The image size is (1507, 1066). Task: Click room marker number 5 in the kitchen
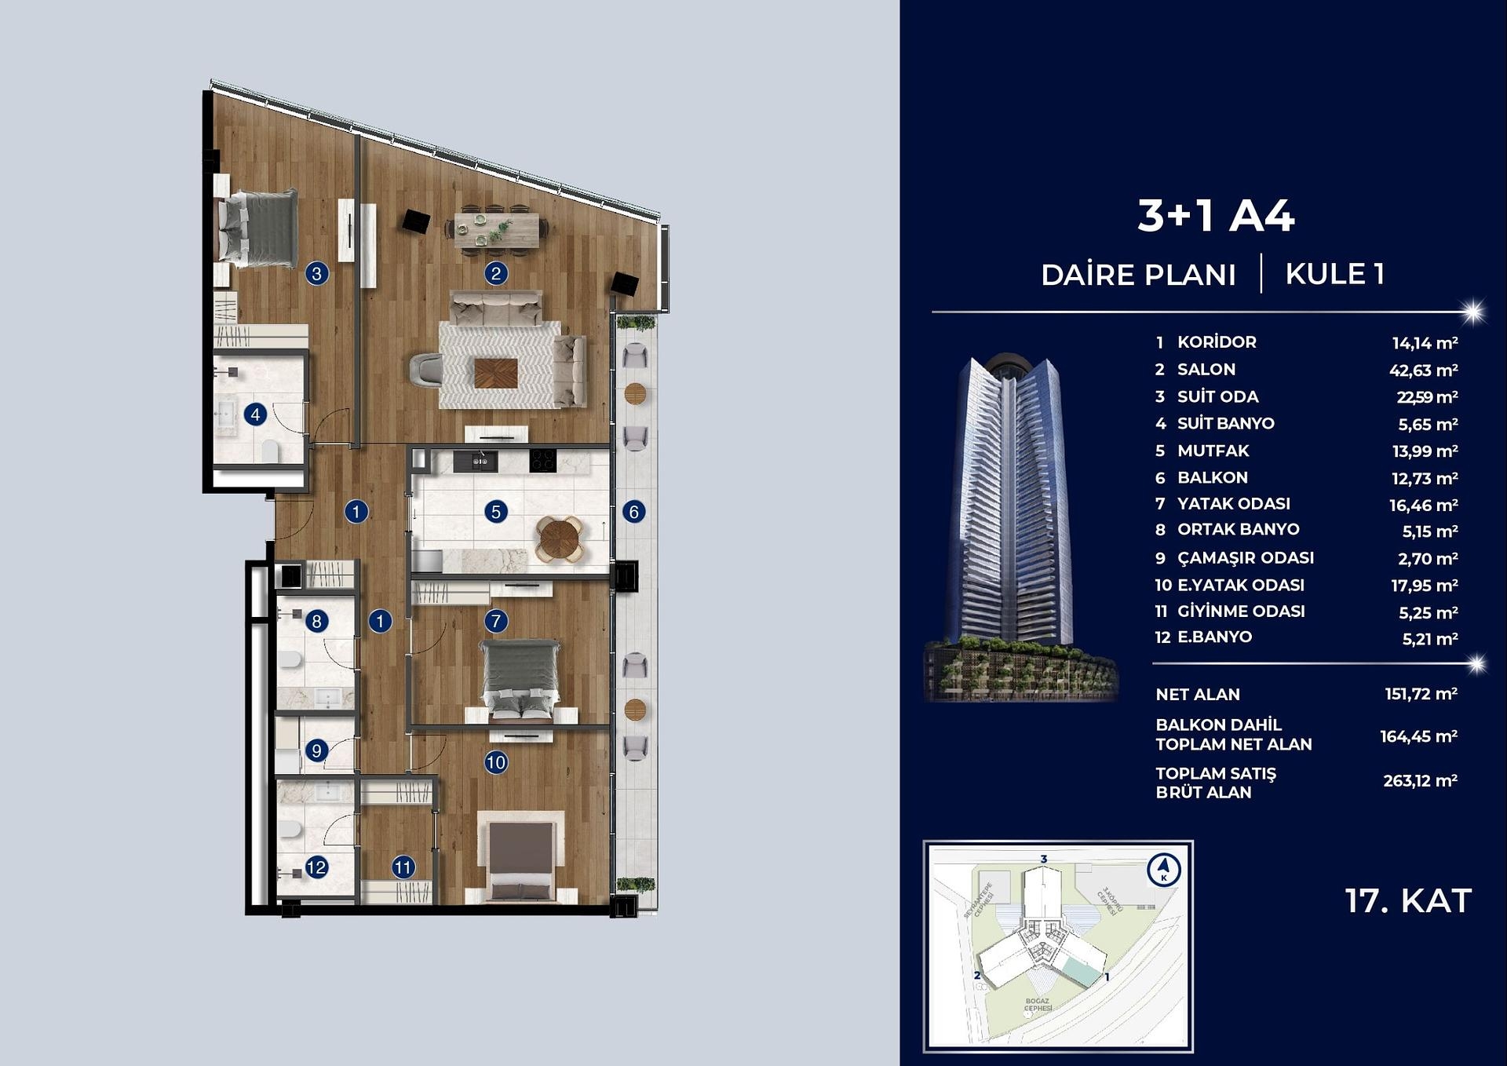pyautogui.click(x=495, y=512)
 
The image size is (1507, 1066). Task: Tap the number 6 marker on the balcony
pyautogui.click(x=634, y=512)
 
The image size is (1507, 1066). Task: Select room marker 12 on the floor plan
pyautogui.click(x=316, y=867)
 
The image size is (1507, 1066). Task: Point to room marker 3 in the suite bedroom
pyautogui.click(x=316, y=274)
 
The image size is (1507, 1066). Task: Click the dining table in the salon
pyautogui.click(x=497, y=230)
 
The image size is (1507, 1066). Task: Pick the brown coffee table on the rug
pyautogui.click(x=495, y=373)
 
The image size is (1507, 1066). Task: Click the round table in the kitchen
pyautogui.click(x=560, y=538)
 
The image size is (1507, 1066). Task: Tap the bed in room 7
pyautogui.click(x=520, y=677)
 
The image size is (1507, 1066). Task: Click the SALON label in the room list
pyautogui.click(x=1206, y=370)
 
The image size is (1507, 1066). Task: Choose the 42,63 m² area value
pyautogui.click(x=1423, y=371)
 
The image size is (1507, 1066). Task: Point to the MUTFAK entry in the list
pyautogui.click(x=1213, y=451)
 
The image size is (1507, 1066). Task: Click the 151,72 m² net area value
pyautogui.click(x=1421, y=694)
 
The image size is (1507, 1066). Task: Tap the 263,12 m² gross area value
pyautogui.click(x=1420, y=781)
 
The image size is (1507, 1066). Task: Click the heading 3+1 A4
pyautogui.click(x=1215, y=216)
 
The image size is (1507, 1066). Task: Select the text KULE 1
pyautogui.click(x=1334, y=275)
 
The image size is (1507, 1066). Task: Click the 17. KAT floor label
pyautogui.click(x=1408, y=901)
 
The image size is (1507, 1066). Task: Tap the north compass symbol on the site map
pyautogui.click(x=1163, y=870)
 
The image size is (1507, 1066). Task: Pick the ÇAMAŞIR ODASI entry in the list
pyautogui.click(x=1245, y=558)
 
